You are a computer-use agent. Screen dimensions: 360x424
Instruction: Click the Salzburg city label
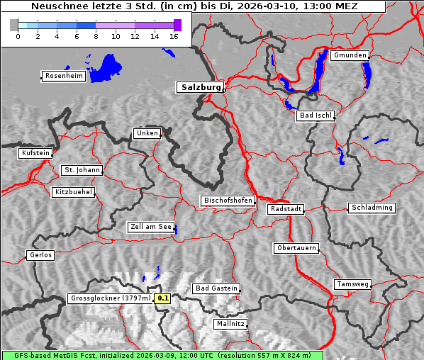pos(200,87)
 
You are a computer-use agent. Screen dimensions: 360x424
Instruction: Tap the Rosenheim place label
pos(64,76)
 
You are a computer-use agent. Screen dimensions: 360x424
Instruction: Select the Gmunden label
pos(350,55)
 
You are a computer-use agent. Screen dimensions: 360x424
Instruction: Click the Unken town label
pos(147,133)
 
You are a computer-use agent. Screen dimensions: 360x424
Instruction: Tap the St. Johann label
pos(82,170)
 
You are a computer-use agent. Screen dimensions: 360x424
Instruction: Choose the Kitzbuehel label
pos(73,192)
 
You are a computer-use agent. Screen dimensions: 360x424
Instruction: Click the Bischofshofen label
pos(228,201)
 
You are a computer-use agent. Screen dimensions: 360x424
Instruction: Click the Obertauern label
pos(296,248)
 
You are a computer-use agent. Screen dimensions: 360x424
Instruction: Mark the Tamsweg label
pos(352,284)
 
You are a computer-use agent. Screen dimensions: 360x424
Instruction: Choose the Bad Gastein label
pos(216,288)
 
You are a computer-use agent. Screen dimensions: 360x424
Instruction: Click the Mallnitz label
pos(230,324)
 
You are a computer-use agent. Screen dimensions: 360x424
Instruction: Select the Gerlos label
pos(40,255)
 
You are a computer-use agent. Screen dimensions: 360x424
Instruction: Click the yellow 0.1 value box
pos(163,298)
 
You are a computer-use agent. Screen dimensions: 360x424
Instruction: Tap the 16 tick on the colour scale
pos(173,36)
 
